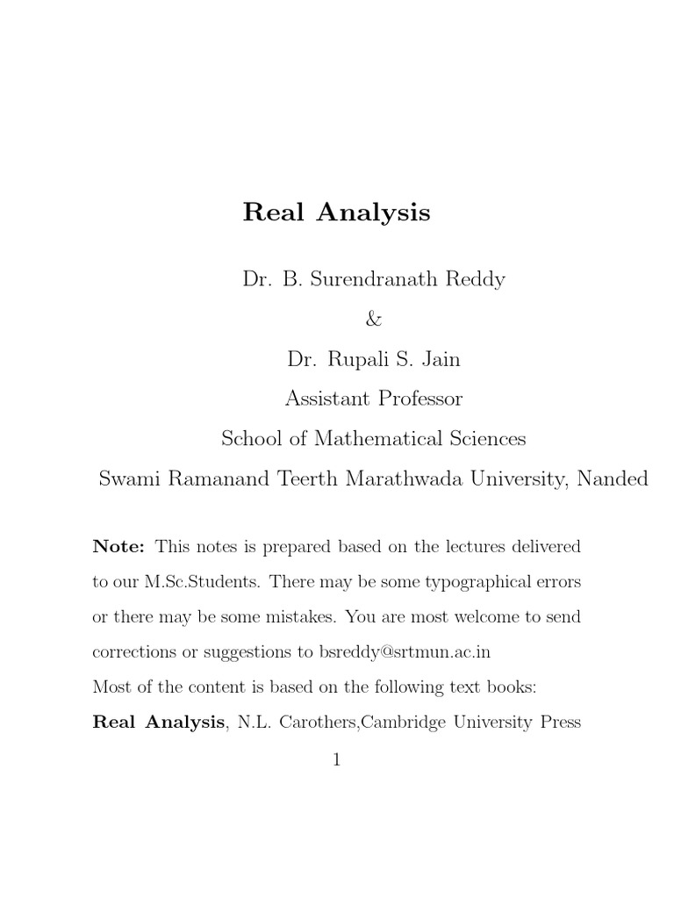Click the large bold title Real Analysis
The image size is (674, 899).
pyautogui.click(x=336, y=213)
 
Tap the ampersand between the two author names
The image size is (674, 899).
pyautogui.click(x=374, y=320)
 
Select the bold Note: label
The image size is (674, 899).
pyautogui.click(x=118, y=547)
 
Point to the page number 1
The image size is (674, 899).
pyautogui.click(x=336, y=760)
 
